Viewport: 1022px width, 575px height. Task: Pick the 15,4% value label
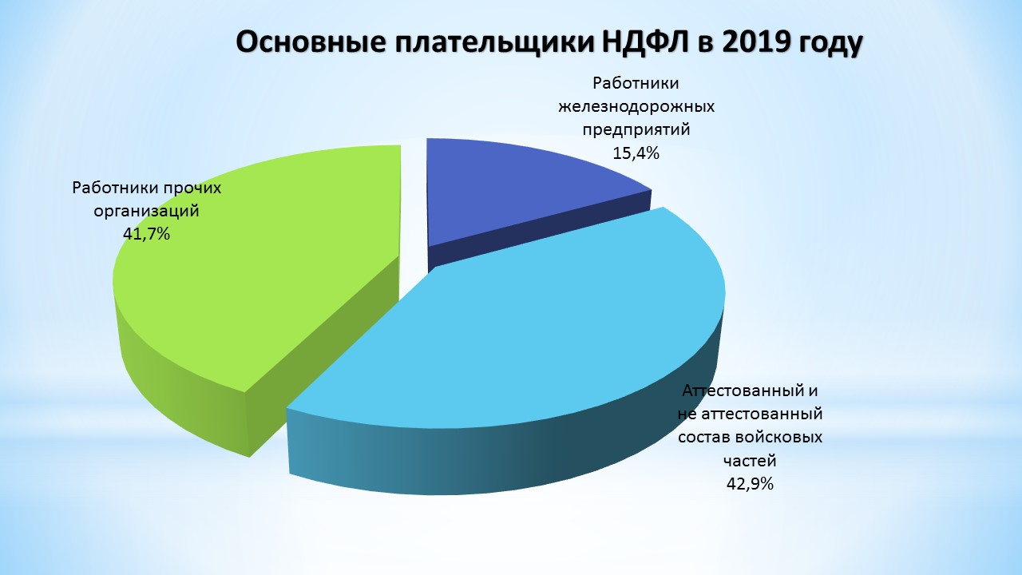[x=636, y=153]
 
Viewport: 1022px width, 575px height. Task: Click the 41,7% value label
[x=146, y=234]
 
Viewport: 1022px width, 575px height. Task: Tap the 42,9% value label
[x=750, y=484]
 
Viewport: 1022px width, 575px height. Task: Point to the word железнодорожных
[x=636, y=107]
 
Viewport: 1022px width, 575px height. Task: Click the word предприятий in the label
[x=636, y=130]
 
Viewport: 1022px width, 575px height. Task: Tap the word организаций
[x=146, y=212]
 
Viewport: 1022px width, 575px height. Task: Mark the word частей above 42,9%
[x=750, y=461]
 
